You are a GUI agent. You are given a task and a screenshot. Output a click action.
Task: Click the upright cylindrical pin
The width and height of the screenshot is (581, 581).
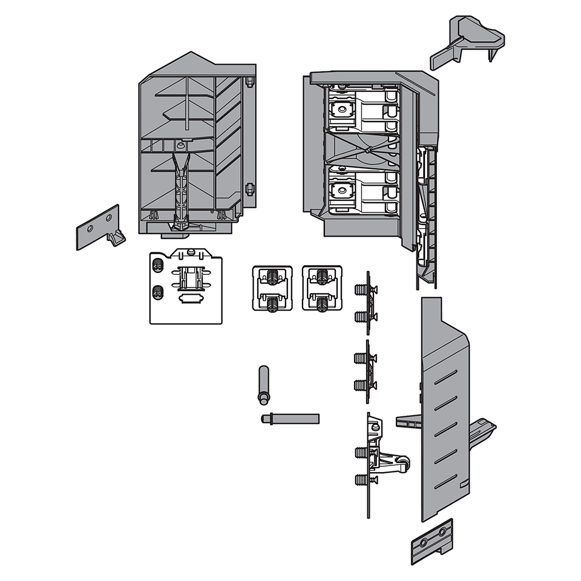point(263,385)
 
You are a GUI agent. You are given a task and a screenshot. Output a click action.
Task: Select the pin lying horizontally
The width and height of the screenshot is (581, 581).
point(290,418)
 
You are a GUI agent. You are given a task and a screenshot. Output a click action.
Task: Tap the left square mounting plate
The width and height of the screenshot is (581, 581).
point(272,289)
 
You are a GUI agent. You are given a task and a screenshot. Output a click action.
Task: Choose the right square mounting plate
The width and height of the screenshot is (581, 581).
point(321,289)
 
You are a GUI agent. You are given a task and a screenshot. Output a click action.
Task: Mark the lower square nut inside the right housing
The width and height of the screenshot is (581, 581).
point(343,190)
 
